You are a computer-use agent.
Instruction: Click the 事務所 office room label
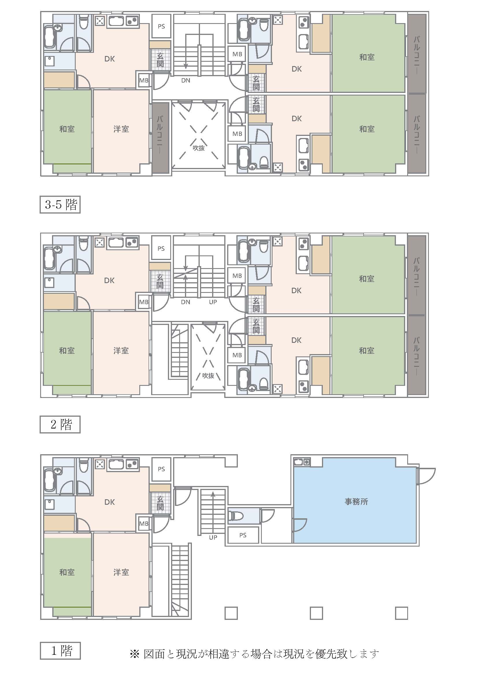click(356, 501)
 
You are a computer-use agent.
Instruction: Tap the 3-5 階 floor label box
click(60, 205)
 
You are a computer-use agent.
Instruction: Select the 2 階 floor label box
click(60, 424)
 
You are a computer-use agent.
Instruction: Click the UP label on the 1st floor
click(213, 537)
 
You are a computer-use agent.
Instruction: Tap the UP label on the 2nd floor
click(213, 302)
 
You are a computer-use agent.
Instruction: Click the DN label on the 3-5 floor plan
click(186, 80)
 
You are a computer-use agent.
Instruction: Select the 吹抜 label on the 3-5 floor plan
click(199, 148)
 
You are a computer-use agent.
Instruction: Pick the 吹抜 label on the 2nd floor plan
click(208, 375)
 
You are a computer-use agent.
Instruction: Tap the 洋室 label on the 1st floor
click(121, 572)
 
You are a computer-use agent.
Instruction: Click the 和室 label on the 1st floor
click(67, 572)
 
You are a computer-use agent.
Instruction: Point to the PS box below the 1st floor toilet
click(243, 535)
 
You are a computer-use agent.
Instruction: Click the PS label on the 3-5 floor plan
click(161, 26)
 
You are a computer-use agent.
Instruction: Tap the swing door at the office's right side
click(426, 476)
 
